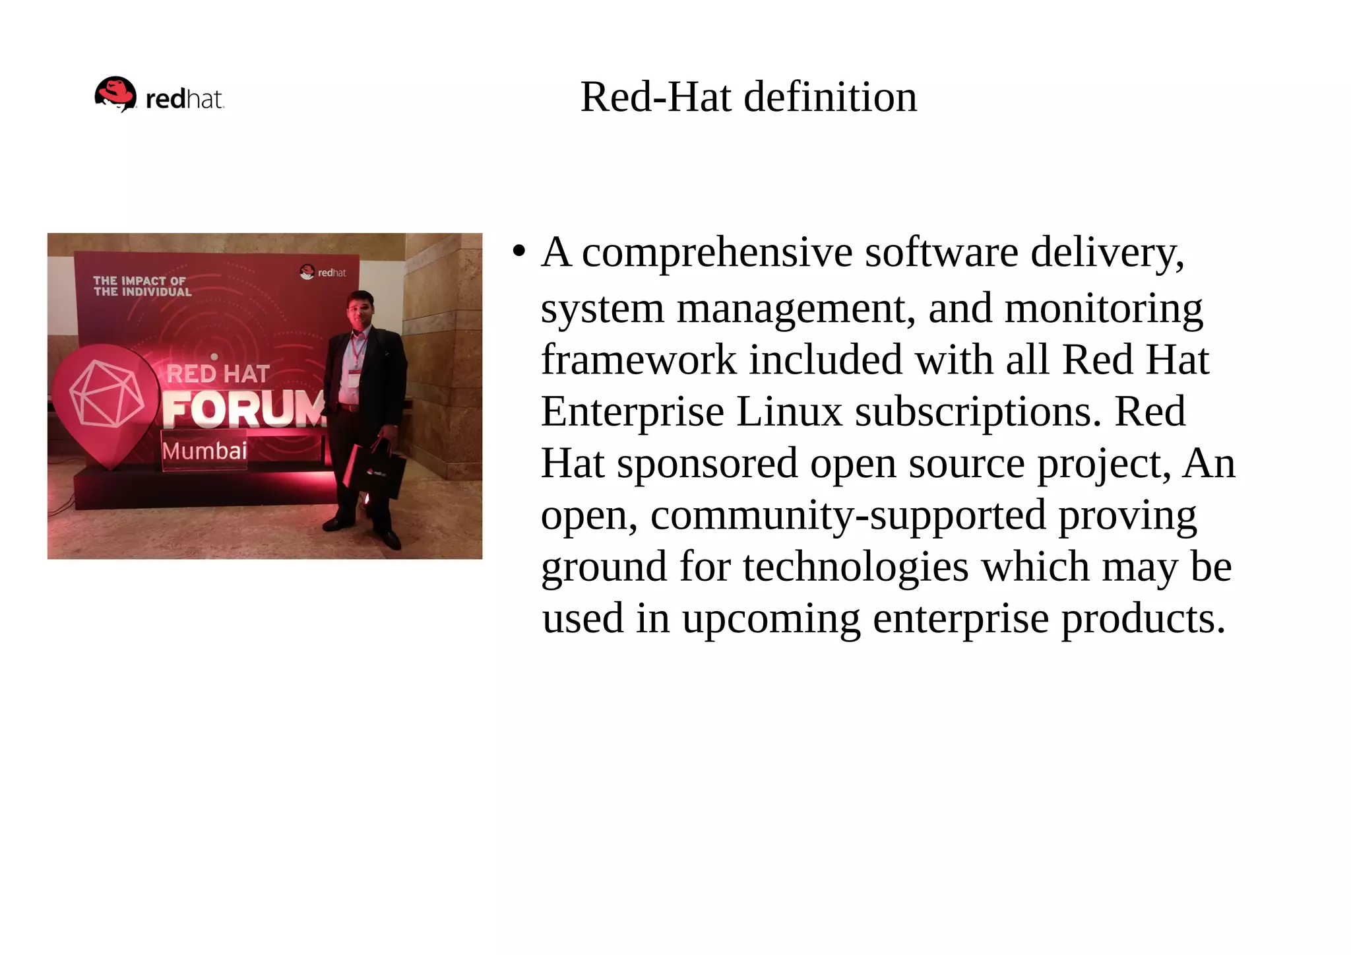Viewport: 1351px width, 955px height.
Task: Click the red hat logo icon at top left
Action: pos(115,94)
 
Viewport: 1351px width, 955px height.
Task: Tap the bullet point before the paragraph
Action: pos(519,251)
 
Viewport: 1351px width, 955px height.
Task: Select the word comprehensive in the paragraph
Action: pos(717,253)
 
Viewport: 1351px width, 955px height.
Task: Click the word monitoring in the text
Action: pos(1104,308)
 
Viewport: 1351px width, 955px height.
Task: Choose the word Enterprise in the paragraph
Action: pos(632,412)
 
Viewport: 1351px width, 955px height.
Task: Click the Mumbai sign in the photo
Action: pos(204,451)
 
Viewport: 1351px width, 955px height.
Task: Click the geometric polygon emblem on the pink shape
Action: pos(106,393)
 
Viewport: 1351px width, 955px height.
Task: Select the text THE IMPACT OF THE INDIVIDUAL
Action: pos(142,286)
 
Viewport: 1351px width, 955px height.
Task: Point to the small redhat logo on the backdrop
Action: pos(323,272)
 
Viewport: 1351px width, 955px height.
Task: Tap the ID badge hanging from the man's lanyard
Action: pos(354,379)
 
